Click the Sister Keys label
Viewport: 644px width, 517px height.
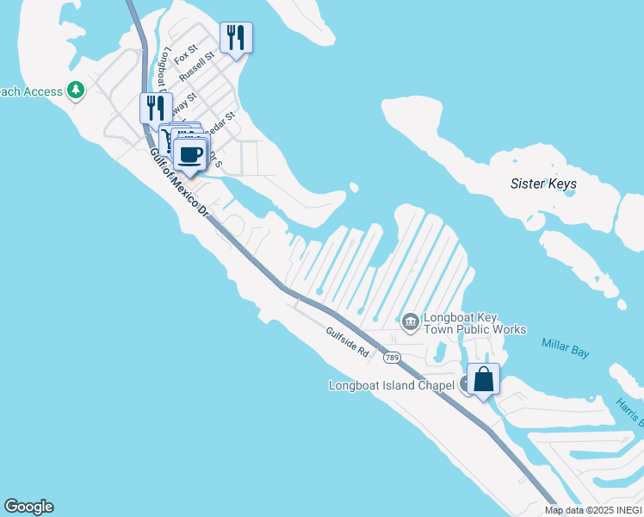(x=543, y=184)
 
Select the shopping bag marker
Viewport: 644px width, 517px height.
(x=484, y=379)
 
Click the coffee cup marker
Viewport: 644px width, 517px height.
(x=190, y=155)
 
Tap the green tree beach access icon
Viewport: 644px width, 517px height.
(x=77, y=90)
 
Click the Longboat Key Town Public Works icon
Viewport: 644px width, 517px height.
(x=410, y=322)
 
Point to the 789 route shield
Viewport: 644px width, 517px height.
(x=392, y=357)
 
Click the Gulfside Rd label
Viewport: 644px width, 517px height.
(x=347, y=341)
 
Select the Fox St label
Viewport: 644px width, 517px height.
(x=186, y=55)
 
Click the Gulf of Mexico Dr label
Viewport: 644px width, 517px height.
(x=179, y=182)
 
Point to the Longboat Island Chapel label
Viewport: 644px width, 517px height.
(x=392, y=385)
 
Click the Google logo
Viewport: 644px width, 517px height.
(x=28, y=507)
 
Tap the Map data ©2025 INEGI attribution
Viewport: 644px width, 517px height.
(x=593, y=510)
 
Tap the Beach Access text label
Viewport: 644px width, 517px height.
(x=32, y=91)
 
